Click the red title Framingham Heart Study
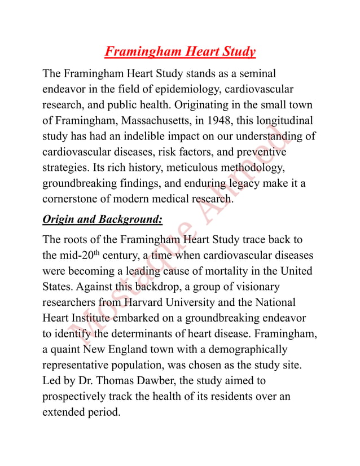point(180,52)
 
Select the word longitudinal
point(284,121)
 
